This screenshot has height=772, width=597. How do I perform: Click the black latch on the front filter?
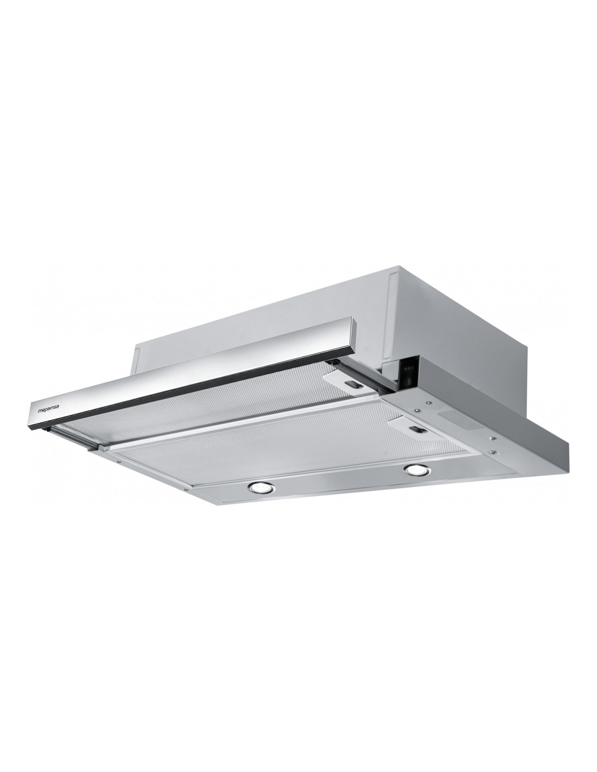418,429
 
